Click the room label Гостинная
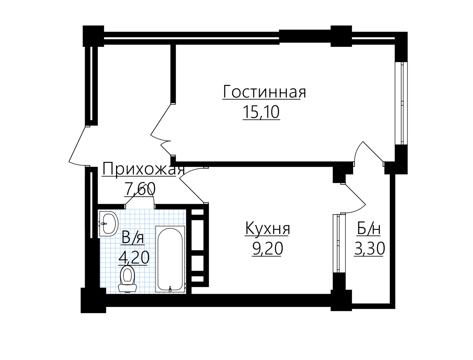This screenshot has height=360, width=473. (264, 92)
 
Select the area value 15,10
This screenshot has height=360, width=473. (261, 112)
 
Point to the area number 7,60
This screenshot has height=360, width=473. (140, 189)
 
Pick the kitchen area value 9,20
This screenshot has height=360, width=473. (267, 249)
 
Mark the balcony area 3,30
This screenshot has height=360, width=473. (369, 249)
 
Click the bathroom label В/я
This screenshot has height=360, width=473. (133, 237)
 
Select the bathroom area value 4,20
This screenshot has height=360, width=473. (134, 258)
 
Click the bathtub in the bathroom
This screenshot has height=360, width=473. (170, 259)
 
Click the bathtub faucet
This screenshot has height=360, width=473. (170, 289)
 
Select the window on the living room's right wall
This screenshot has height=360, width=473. (401, 103)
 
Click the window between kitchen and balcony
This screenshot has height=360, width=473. (339, 243)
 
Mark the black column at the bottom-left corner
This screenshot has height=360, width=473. (93, 300)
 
